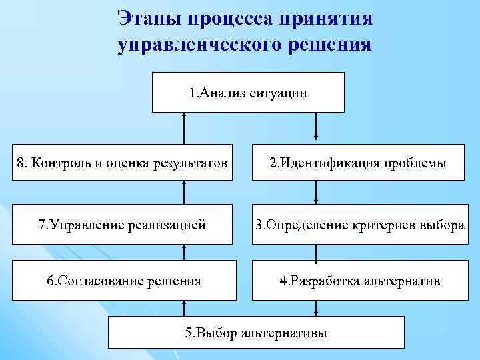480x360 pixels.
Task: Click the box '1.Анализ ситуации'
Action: [248, 93]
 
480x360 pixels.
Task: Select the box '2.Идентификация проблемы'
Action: [358, 163]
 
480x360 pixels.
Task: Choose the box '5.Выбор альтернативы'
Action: [256, 332]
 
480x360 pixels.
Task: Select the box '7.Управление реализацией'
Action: [123, 225]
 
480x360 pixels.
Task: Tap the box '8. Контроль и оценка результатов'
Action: [123, 163]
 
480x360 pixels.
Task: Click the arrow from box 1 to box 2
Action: [316, 128]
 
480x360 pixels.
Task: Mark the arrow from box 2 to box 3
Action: [316, 193]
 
